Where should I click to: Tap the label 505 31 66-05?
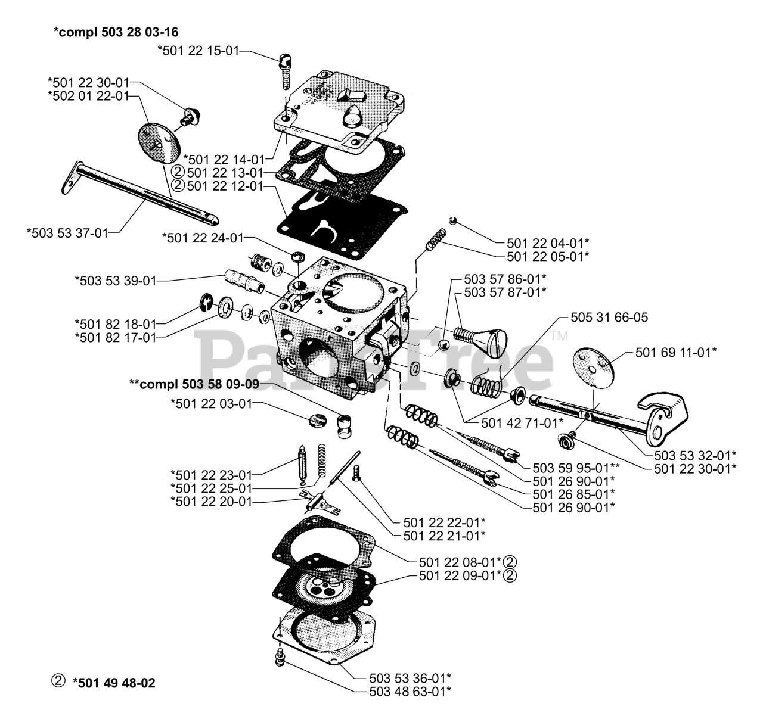click(609, 318)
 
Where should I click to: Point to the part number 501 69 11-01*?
click(675, 352)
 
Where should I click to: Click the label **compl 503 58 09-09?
click(194, 385)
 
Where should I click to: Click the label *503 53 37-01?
click(68, 232)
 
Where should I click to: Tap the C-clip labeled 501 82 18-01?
click(206, 306)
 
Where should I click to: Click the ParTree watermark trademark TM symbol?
click(560, 335)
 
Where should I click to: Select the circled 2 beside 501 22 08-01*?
click(510, 561)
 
